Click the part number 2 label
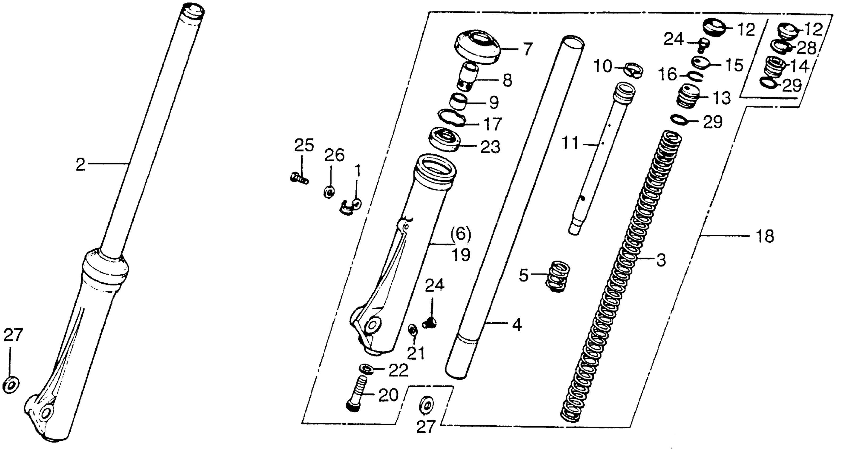[x=80, y=165]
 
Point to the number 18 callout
[x=764, y=236]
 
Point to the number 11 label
[x=570, y=143]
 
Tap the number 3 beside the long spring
[x=661, y=260]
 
